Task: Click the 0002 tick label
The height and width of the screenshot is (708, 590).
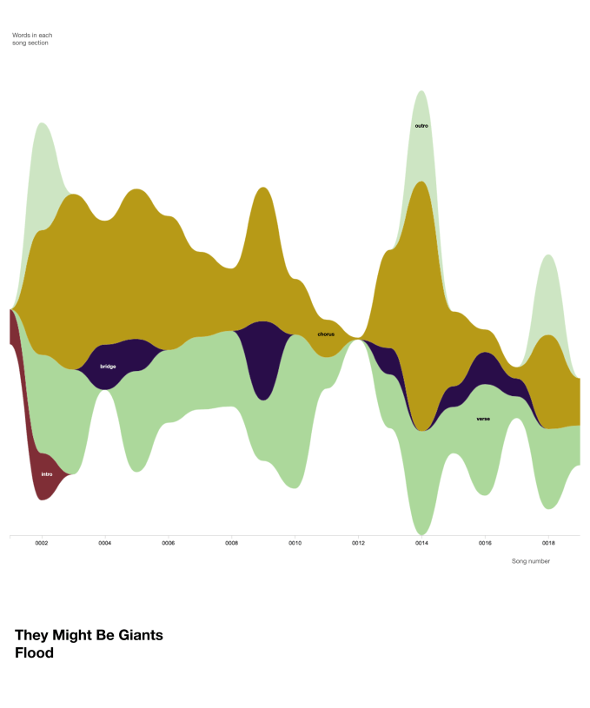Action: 41,543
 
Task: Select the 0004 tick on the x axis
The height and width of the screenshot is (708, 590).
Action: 104,543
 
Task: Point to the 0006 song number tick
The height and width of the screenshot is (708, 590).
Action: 168,543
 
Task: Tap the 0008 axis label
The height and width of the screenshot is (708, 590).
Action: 231,543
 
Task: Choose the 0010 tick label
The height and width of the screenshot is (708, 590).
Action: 295,543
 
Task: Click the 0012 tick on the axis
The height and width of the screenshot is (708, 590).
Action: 358,543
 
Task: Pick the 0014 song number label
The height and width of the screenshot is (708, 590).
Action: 421,543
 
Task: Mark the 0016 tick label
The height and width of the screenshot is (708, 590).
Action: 485,543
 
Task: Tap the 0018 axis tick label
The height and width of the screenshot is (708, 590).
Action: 548,543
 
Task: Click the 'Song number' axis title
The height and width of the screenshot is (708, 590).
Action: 530,561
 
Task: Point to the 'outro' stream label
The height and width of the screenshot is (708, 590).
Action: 421,126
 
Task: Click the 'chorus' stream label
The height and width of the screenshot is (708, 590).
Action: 326,334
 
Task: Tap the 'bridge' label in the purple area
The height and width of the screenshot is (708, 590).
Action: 108,367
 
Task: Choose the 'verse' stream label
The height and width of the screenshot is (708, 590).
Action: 483,419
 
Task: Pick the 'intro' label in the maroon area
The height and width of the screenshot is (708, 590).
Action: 47,474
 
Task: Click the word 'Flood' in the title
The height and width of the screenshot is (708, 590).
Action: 34,653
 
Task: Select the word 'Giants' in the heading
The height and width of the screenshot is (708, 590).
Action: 140,635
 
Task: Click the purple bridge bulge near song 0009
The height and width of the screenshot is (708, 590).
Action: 262,356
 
